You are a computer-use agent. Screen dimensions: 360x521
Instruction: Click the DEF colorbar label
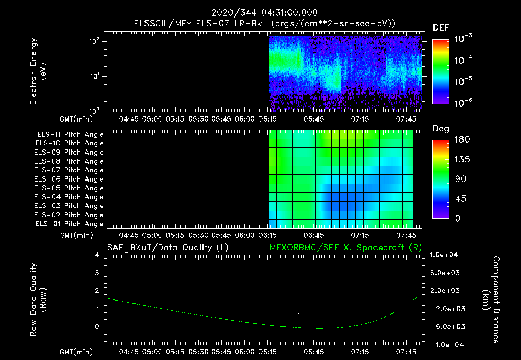tap(441, 28)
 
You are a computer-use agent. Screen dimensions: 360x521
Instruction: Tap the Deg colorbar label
tap(441, 129)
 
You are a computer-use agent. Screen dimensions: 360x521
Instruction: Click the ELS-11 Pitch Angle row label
tap(70, 135)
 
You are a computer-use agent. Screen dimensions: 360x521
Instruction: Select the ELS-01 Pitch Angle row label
tap(70, 224)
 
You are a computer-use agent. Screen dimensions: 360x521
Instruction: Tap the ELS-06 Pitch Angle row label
tap(70, 179)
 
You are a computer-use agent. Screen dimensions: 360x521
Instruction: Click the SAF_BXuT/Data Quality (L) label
tap(167, 247)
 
